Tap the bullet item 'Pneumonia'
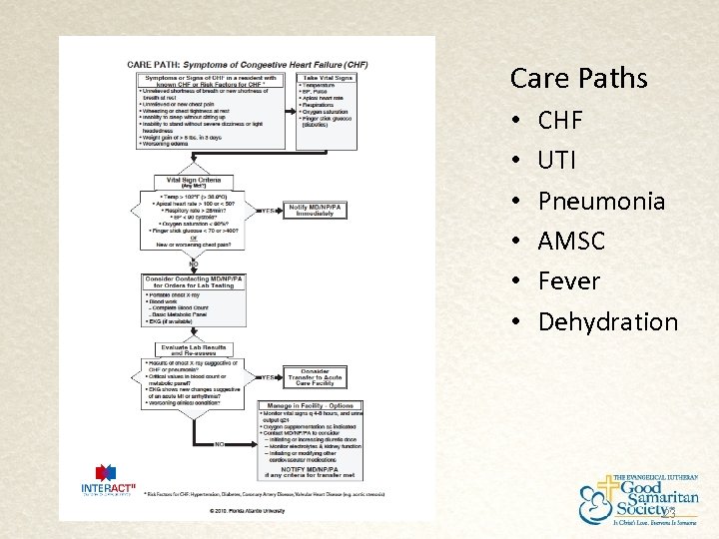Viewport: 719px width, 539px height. pyautogui.click(x=601, y=201)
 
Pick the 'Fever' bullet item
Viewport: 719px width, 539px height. pyautogui.click(x=568, y=280)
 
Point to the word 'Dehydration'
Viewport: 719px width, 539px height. pyautogui.click(x=607, y=321)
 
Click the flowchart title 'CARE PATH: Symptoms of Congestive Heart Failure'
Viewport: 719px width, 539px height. pyautogui.click(x=247, y=64)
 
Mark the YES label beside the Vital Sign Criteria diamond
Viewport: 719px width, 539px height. pyautogui.click(x=269, y=212)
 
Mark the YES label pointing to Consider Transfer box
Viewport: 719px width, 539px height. pyautogui.click(x=268, y=378)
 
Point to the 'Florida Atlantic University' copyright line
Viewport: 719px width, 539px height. pyautogui.click(x=246, y=511)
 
